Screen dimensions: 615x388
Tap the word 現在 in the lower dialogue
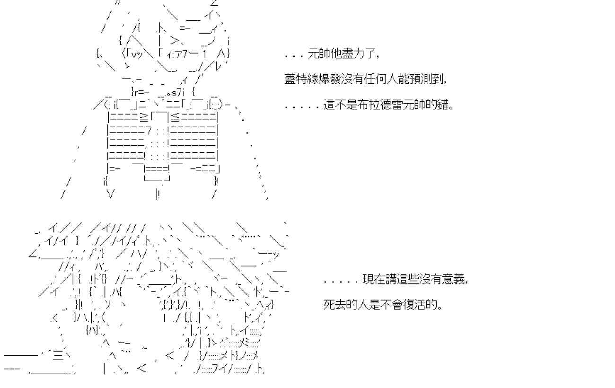tap(373, 280)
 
